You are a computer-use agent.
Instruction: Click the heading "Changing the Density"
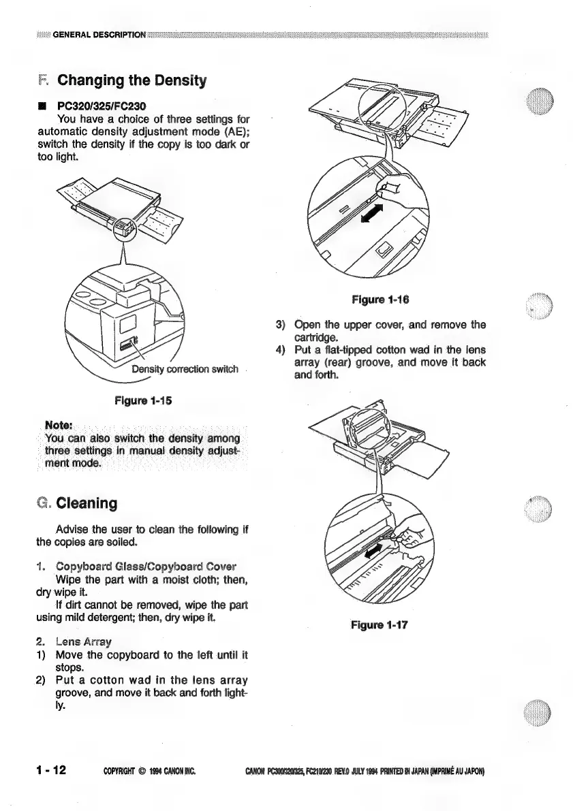pos(132,80)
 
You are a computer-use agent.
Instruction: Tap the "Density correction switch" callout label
pos(185,370)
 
